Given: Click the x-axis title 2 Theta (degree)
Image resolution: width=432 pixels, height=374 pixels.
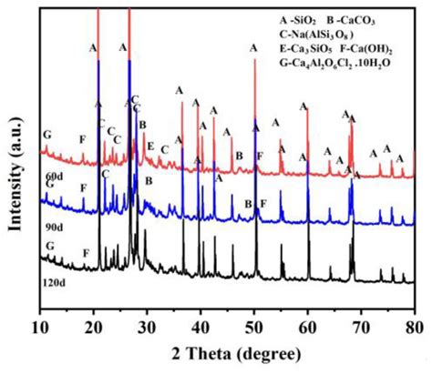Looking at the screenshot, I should point(228,354).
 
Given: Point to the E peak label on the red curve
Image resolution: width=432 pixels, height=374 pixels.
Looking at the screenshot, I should point(150,146).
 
